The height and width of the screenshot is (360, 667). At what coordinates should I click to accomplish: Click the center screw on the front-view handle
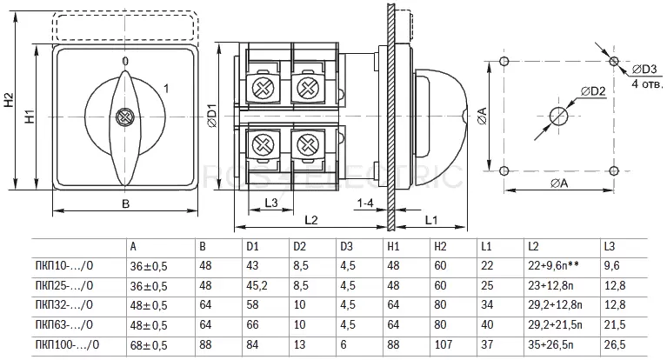click(125, 117)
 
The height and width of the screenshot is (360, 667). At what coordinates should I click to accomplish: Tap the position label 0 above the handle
click(125, 61)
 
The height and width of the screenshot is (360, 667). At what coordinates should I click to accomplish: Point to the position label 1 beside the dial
click(166, 89)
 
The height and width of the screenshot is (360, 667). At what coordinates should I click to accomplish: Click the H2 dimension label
click(10, 100)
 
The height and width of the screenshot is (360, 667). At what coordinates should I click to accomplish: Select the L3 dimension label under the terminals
click(271, 203)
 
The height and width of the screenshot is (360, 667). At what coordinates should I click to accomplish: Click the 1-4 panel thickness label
click(365, 203)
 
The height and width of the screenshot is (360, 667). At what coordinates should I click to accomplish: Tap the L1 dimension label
click(431, 220)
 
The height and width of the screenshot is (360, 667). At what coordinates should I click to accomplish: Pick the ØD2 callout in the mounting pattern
click(593, 90)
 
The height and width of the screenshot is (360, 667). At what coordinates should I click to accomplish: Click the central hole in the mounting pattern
click(558, 116)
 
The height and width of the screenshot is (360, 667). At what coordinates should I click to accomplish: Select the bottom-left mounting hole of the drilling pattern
click(504, 171)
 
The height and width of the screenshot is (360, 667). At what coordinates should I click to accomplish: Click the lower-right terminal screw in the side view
click(309, 143)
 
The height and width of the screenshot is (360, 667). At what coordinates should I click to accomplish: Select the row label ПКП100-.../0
click(67, 344)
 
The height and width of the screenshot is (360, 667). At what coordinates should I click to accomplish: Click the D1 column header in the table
click(252, 246)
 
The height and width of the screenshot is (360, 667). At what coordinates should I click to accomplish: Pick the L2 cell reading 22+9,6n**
click(553, 265)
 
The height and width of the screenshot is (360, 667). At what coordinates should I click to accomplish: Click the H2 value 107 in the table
click(444, 344)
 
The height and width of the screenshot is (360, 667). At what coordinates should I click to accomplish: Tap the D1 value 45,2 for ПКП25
click(257, 285)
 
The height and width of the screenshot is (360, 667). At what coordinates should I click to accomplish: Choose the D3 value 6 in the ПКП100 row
click(344, 344)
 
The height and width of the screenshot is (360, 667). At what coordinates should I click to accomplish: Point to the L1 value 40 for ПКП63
click(487, 324)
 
